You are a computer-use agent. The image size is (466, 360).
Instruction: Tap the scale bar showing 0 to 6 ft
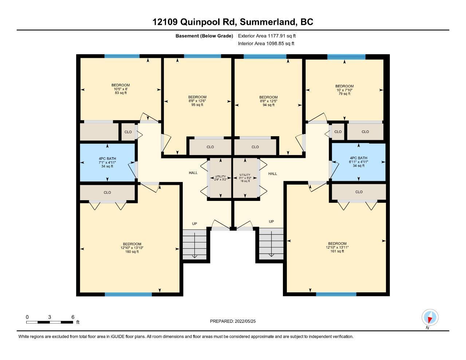point(50,322)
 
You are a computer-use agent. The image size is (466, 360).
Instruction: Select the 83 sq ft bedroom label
point(121,89)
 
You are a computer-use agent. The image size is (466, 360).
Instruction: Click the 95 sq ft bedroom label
point(197,101)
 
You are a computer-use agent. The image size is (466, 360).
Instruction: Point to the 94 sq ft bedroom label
point(268,101)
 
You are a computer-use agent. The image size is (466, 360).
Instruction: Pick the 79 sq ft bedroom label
point(344,90)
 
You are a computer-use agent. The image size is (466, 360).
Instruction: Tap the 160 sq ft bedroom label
point(132,248)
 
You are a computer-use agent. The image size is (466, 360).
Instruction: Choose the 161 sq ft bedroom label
point(337,247)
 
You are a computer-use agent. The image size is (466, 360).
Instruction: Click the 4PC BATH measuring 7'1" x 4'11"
point(107,162)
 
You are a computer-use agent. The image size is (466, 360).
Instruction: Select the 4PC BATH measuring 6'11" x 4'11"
point(358,162)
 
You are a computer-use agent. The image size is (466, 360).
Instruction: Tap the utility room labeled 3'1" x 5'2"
point(245,178)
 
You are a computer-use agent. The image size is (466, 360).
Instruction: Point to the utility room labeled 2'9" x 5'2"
point(221,178)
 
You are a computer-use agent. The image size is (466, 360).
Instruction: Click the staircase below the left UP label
point(194,245)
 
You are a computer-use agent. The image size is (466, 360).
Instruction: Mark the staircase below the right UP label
point(271,244)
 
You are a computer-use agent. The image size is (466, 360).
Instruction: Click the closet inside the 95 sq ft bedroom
point(210,147)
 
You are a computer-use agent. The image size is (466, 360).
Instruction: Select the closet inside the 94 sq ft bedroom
point(255,147)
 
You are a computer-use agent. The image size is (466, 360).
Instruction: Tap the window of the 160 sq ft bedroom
point(128,294)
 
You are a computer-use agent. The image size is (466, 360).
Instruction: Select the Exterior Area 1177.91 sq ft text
point(267,36)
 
